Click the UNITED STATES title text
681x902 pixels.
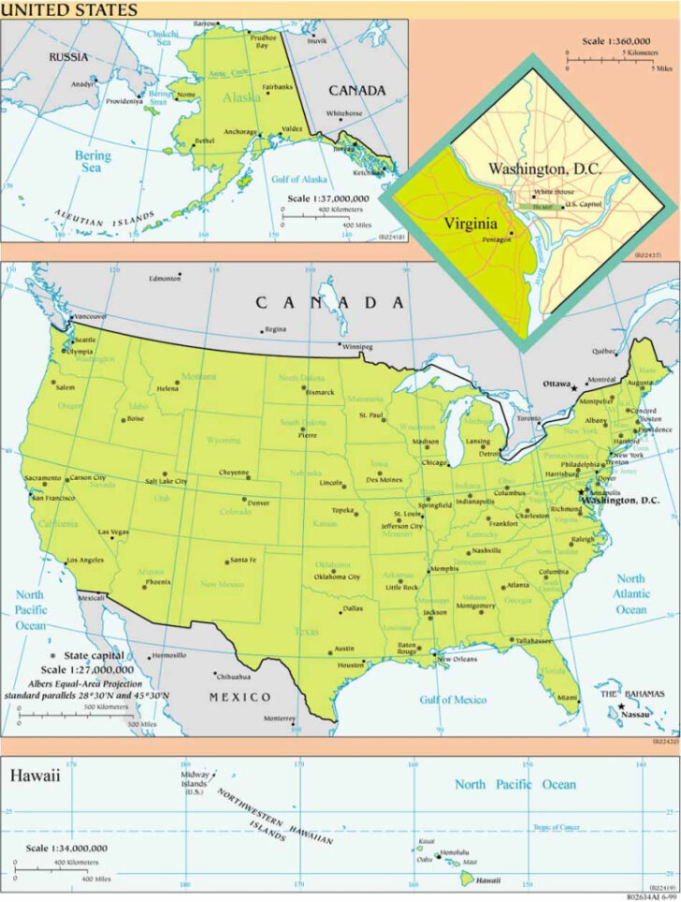[69, 10]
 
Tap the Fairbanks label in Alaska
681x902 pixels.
[278, 87]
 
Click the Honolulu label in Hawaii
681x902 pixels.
[455, 852]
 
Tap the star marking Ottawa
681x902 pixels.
[574, 387]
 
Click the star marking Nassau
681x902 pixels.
[621, 706]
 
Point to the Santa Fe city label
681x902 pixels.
[243, 560]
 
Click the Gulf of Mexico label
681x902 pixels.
[453, 700]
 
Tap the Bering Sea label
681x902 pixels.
[91, 162]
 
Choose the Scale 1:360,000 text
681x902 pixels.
[616, 41]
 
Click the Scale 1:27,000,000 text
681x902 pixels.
[87, 670]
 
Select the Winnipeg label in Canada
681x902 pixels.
[356, 347]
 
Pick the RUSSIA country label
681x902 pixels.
[68, 57]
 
